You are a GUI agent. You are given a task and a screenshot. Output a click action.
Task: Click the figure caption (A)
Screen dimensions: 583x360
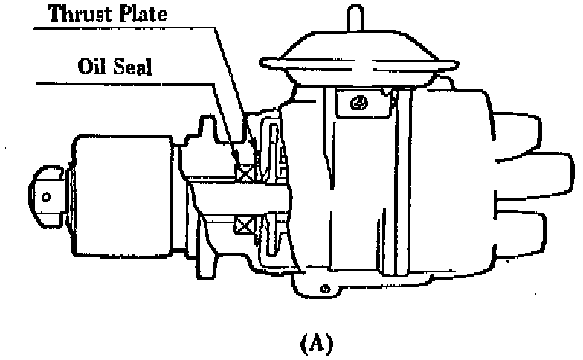pyautogui.click(x=315, y=344)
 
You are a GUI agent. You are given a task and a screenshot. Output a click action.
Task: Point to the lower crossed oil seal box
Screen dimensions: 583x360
pyautogui.click(x=243, y=223)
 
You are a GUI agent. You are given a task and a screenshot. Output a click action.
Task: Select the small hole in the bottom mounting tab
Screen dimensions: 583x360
pyautogui.click(x=324, y=287)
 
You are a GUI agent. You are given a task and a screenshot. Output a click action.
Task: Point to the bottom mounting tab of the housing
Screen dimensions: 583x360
pyautogui.click(x=324, y=285)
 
